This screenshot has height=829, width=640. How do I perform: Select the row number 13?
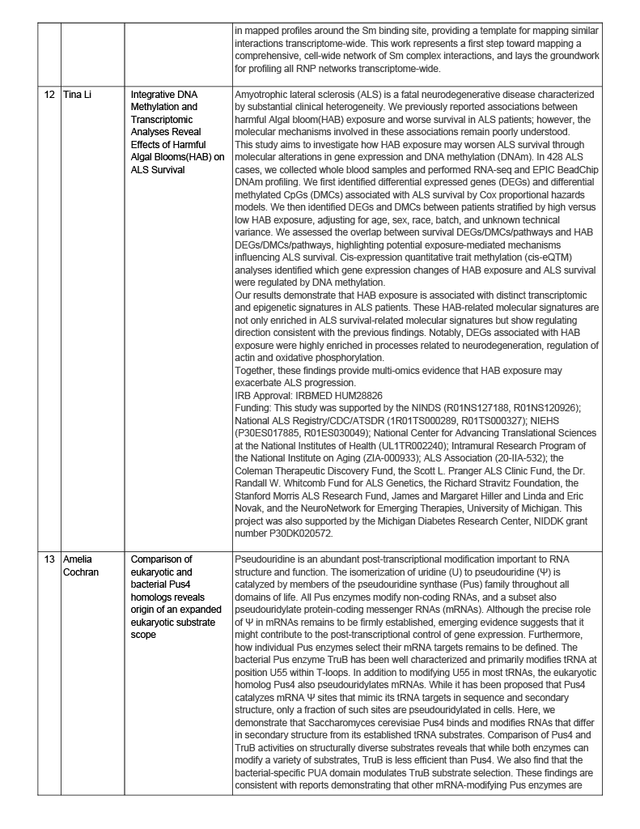[x=49, y=559]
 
